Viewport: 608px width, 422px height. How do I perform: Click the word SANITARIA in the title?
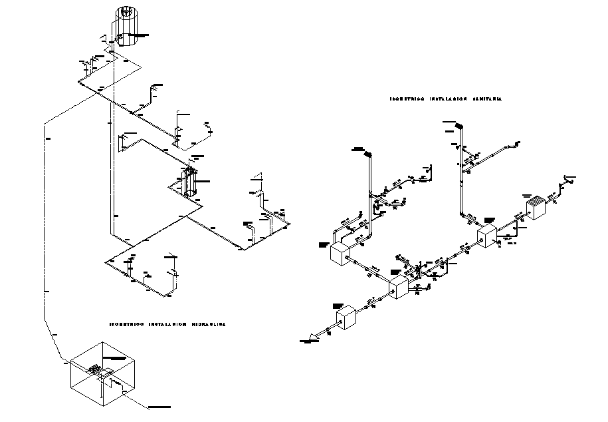487,99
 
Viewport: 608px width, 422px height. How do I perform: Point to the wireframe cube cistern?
102,375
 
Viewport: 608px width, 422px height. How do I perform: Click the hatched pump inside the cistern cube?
96,368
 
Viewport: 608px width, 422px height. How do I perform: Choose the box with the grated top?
536,208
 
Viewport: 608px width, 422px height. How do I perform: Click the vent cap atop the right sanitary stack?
458,124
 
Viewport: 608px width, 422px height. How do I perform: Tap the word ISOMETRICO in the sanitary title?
406,99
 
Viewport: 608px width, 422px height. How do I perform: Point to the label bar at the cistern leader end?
159,406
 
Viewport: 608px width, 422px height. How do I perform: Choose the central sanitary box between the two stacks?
397,288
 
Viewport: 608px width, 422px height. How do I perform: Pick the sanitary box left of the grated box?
487,235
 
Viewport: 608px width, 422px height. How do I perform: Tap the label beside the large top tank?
142,34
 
